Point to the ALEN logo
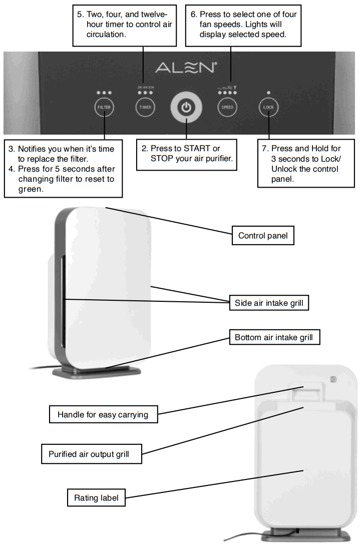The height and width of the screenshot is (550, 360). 186,67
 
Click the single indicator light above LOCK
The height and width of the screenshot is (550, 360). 269,93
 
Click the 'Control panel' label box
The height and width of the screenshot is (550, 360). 263,235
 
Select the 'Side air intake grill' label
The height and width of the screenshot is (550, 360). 269,303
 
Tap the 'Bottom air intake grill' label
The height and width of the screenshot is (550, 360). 273,337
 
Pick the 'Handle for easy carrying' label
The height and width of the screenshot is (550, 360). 103,414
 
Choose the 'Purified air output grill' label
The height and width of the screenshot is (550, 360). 89,454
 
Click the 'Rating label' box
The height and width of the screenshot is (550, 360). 96,498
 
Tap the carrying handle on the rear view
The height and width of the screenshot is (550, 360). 306,390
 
